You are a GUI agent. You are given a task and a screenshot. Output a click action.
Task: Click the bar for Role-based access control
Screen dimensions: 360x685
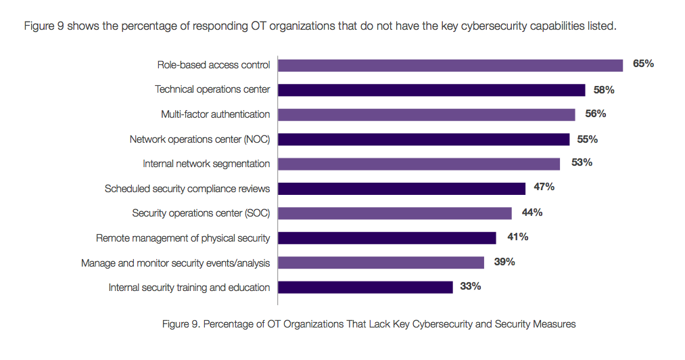click(x=450, y=65)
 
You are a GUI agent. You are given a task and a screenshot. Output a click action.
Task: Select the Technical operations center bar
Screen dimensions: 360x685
click(x=431, y=90)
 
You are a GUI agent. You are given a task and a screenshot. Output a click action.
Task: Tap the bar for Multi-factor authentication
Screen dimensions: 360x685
click(x=427, y=114)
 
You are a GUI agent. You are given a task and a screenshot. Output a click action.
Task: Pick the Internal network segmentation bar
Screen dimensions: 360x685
click(x=419, y=164)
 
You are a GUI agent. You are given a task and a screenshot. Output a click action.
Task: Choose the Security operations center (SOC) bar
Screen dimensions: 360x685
click(x=395, y=213)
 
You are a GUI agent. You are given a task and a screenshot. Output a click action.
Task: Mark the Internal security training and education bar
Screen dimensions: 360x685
click(x=365, y=287)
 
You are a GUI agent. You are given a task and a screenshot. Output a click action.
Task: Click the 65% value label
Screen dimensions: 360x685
click(x=643, y=64)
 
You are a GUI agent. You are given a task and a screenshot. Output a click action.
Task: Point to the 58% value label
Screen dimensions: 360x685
click(x=603, y=89)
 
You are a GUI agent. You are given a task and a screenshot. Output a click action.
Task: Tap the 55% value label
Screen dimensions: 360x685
click(x=588, y=139)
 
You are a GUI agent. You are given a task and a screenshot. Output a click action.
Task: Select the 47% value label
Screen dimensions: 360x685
click(x=544, y=187)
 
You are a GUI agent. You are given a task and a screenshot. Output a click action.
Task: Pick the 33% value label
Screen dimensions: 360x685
click(x=470, y=286)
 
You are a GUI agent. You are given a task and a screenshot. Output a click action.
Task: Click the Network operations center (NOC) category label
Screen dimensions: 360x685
click(x=199, y=139)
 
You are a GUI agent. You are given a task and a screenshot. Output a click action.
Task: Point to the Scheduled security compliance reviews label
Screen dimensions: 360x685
click(x=187, y=189)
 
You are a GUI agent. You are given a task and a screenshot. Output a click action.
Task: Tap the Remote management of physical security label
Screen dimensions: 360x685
click(x=183, y=238)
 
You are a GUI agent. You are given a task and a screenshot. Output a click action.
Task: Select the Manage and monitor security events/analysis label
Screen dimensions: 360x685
click(x=175, y=263)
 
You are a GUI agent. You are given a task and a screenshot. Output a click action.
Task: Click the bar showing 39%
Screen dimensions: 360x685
click(x=381, y=263)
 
